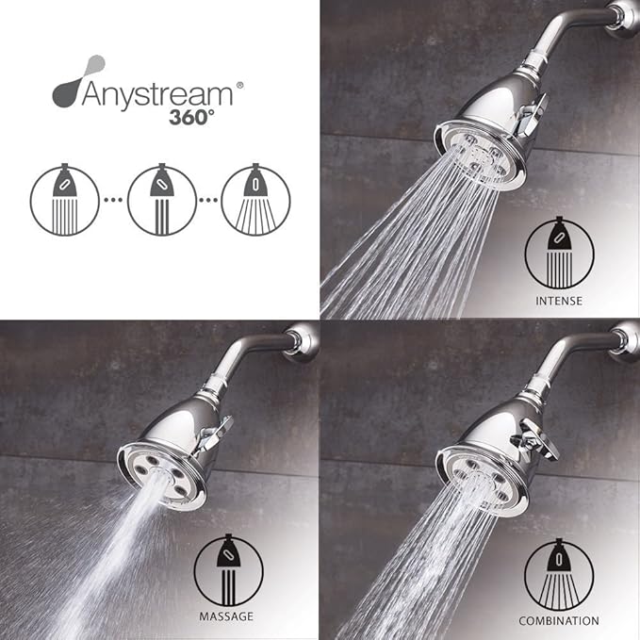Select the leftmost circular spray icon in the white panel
point(65,200)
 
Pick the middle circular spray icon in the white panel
point(162,200)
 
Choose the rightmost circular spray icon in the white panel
point(255,200)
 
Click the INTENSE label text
point(559,302)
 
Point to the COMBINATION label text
point(559,621)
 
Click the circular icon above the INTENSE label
point(560,254)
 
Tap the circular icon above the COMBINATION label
point(559,573)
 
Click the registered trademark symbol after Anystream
point(239,84)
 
